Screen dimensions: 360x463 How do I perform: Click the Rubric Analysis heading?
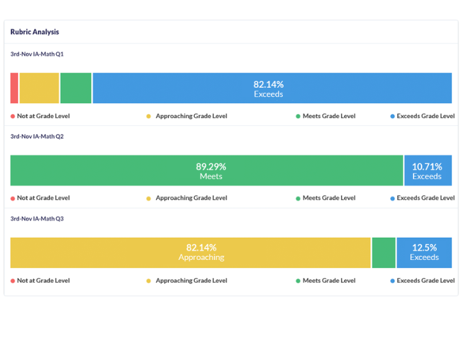(35, 32)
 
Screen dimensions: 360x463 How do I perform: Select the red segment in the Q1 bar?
(14, 89)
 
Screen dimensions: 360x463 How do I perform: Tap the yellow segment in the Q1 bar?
(39, 89)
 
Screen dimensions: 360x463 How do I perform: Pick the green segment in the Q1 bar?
(75, 89)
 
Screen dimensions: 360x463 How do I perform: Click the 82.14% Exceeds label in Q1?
(268, 89)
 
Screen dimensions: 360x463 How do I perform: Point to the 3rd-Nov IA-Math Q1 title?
(37, 54)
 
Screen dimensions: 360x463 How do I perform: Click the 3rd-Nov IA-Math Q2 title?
(37, 136)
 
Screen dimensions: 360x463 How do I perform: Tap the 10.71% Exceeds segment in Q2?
(427, 171)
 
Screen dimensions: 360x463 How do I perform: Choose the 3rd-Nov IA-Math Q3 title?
(37, 219)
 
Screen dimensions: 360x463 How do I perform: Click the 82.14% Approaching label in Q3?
(201, 252)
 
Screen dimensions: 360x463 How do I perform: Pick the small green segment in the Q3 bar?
(384, 253)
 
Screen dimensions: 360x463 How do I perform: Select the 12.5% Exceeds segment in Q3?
(424, 253)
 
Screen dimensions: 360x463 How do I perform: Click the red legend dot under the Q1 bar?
(13, 116)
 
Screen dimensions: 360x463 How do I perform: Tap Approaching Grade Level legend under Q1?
(191, 116)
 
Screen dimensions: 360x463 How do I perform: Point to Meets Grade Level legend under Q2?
(329, 198)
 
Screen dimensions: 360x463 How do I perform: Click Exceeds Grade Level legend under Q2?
(426, 198)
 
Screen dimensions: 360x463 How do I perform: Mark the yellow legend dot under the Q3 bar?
(149, 281)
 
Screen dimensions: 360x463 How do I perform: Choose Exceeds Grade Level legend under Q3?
(426, 281)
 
